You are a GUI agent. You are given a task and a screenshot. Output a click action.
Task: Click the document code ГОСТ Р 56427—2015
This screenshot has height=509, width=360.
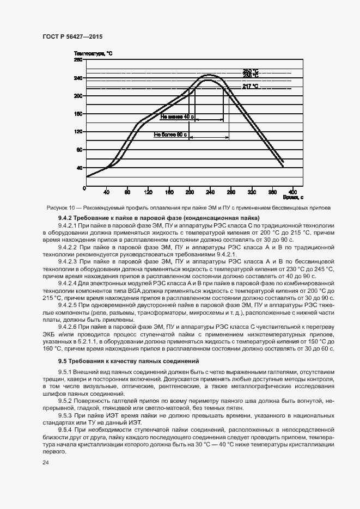click(x=72, y=36)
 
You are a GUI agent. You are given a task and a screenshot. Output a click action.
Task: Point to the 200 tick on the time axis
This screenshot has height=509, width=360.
click(x=190, y=192)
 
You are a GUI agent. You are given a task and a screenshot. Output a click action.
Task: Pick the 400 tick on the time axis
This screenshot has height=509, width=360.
click(x=292, y=192)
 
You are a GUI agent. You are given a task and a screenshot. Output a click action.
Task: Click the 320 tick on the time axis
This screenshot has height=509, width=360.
click(x=252, y=192)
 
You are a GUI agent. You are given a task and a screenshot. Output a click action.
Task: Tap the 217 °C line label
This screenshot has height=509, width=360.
click(x=251, y=86)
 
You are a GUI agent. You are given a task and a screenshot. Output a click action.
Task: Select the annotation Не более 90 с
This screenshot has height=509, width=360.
click(x=170, y=134)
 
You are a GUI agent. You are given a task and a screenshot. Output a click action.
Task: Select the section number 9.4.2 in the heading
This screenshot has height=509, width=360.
click(x=66, y=218)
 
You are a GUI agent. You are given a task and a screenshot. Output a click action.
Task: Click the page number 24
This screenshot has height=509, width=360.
click(x=45, y=463)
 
